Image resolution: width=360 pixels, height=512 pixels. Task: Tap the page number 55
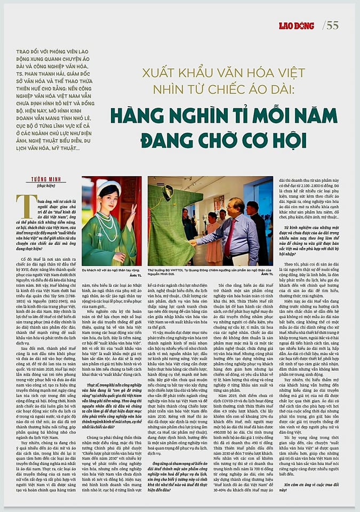(332, 25)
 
